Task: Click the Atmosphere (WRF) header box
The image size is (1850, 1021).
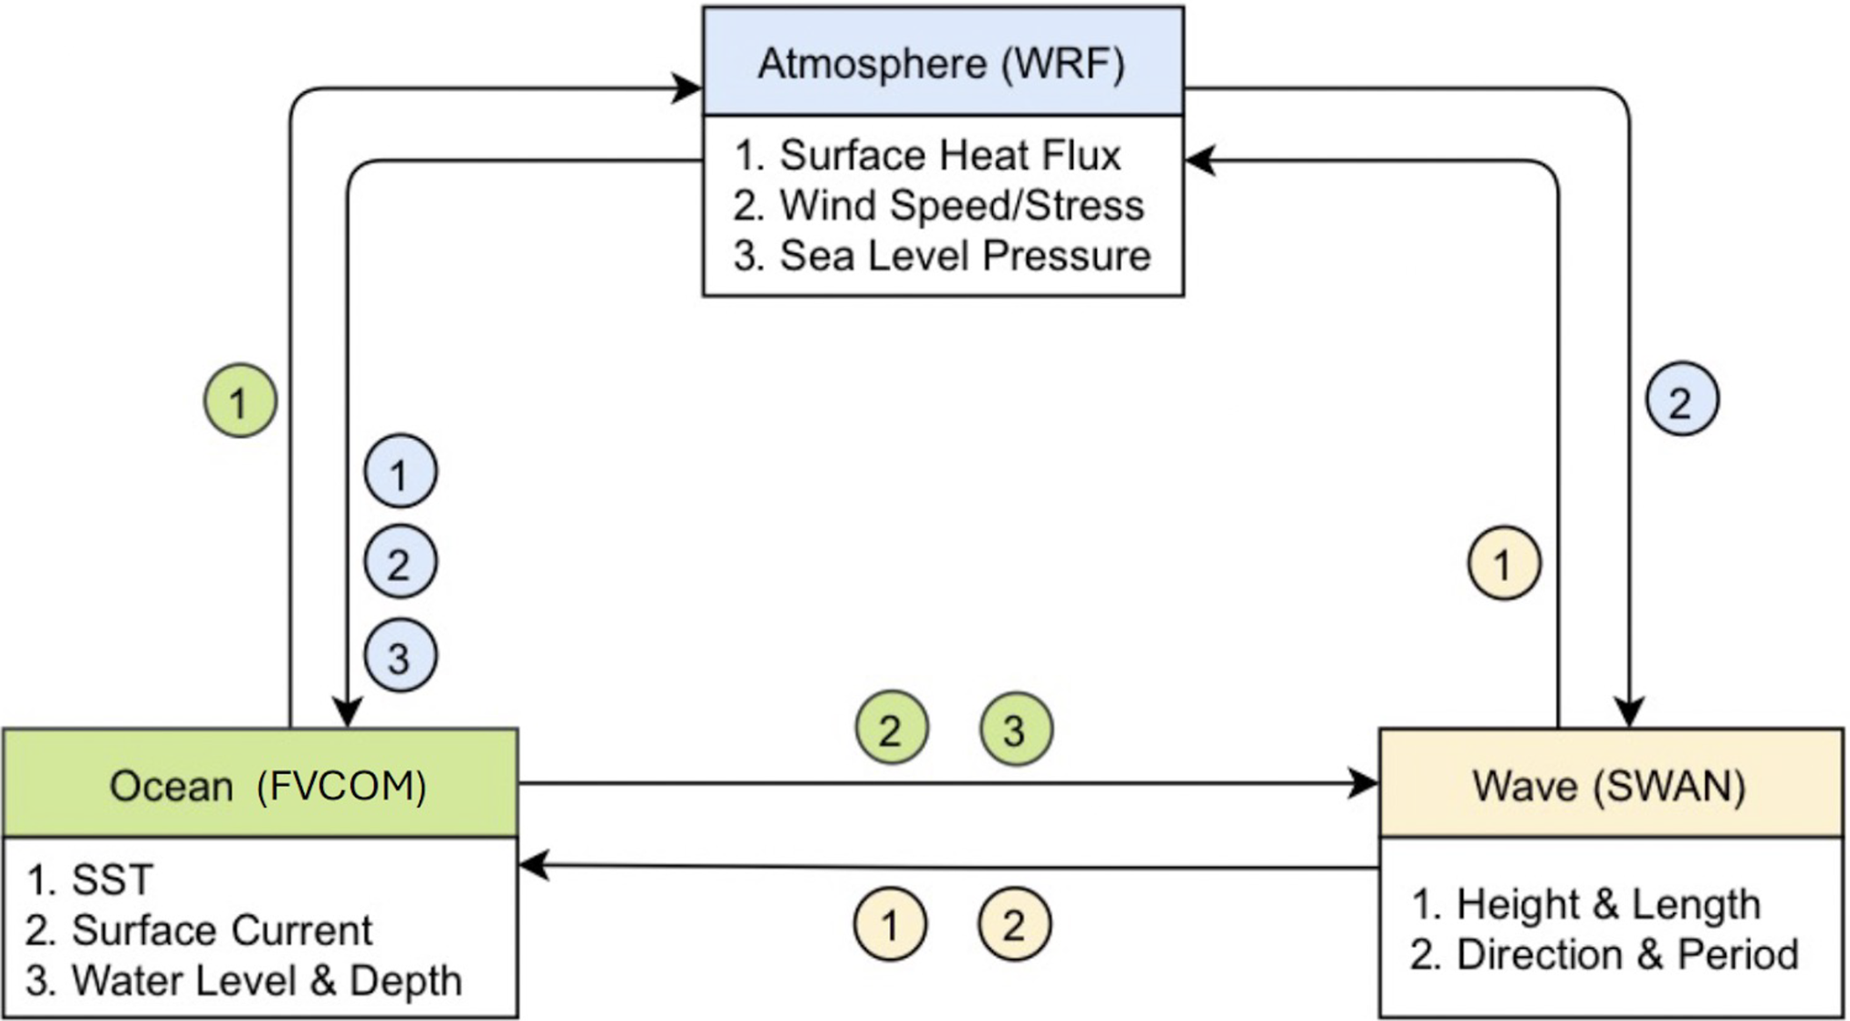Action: (x=943, y=62)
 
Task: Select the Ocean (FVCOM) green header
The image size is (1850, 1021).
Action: (x=261, y=784)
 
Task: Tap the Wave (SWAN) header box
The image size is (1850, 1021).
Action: (x=1610, y=784)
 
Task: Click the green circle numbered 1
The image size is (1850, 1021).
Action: (x=240, y=401)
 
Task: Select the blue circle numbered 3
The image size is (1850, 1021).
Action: (x=400, y=656)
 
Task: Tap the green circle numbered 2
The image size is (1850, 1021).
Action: (x=891, y=729)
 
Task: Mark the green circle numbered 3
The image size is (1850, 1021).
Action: (x=1015, y=729)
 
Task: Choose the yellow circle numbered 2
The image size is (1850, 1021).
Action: (x=1014, y=925)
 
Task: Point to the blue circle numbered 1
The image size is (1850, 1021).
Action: (x=400, y=473)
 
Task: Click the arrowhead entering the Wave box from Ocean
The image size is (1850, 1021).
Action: (x=1364, y=783)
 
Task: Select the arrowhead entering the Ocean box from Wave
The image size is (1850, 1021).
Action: (x=534, y=865)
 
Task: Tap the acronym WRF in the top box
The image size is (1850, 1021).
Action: (x=1063, y=63)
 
